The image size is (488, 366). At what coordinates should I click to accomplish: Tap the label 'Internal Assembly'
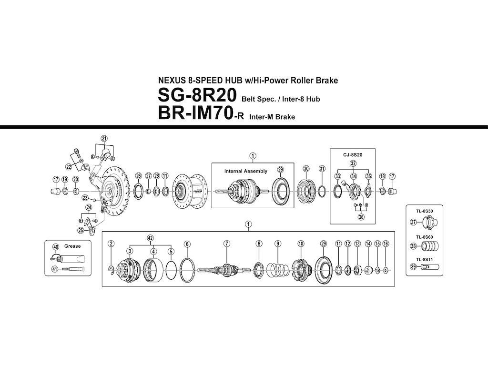246,171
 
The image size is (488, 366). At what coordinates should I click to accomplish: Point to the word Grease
72,246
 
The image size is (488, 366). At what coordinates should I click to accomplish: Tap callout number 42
151,237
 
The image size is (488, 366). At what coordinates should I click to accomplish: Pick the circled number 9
277,244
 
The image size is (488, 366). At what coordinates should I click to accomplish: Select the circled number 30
306,169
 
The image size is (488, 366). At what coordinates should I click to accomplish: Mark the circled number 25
81,231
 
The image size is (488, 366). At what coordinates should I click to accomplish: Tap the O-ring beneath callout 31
322,191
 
